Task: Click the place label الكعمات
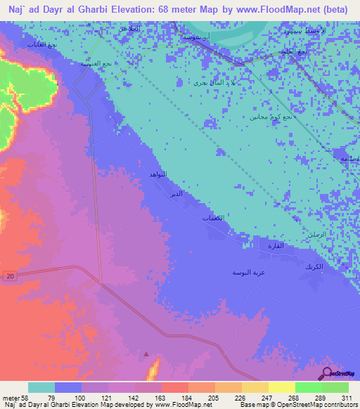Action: [x=212, y=219]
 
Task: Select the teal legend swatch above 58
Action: [x=41, y=387]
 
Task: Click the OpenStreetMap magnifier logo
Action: [x=327, y=373]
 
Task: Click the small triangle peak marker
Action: [x=146, y=354]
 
